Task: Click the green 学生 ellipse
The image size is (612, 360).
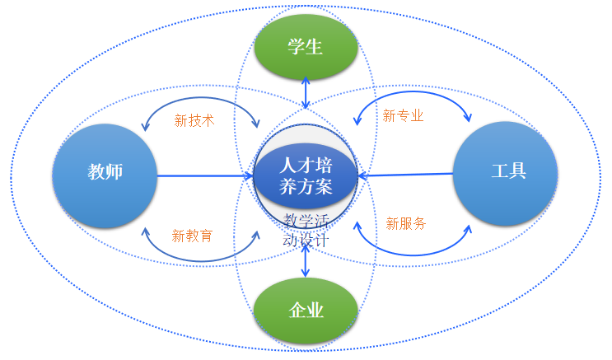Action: [x=306, y=47]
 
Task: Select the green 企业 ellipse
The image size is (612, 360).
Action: [x=306, y=311]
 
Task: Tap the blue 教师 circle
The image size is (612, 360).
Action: [x=105, y=175]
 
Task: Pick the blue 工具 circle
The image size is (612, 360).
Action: [x=506, y=173]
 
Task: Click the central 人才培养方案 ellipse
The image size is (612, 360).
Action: [x=306, y=175]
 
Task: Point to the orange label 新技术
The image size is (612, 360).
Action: [x=194, y=120]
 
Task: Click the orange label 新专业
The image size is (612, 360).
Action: [x=404, y=116]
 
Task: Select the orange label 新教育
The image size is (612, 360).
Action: [x=193, y=236]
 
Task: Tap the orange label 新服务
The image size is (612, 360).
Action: [x=406, y=223]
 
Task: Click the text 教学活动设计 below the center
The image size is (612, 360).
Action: [x=306, y=231]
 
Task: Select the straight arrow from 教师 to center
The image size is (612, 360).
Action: [x=206, y=175]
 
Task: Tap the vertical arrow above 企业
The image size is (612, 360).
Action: [x=306, y=261]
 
